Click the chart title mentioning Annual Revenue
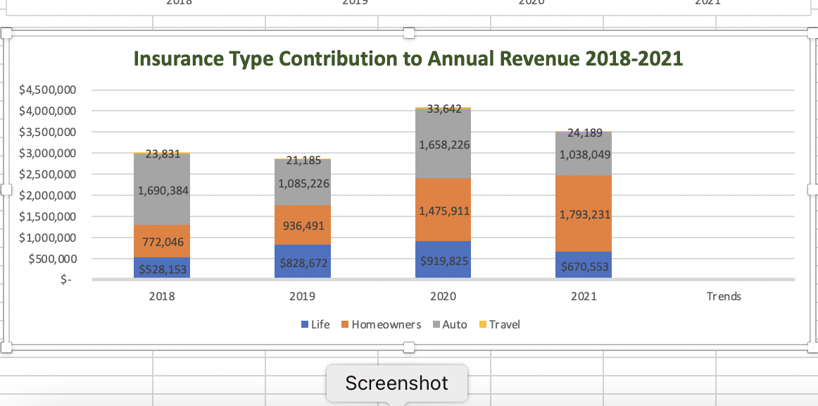coord(408,59)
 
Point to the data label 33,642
coord(443,109)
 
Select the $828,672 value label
coord(303,262)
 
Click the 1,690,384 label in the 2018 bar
coord(163,190)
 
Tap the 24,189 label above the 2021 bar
coord(584,132)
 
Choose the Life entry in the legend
coord(315,325)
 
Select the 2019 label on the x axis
coord(302,297)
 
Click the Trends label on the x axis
coord(724,297)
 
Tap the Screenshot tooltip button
coord(396,383)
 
